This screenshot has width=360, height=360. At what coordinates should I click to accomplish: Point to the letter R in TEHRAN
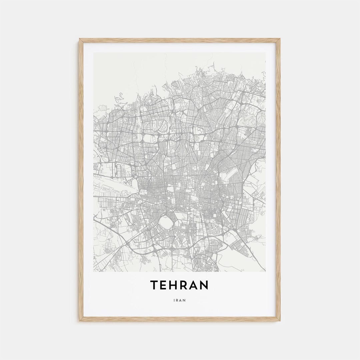186,285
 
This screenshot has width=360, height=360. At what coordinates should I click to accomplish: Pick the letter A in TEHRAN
196,285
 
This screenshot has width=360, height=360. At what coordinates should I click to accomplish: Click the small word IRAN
180,300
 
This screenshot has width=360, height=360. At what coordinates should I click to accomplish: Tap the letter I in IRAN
174,300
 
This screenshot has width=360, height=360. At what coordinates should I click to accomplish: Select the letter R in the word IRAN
177,300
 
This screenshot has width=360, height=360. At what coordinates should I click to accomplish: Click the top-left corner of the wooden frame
80,39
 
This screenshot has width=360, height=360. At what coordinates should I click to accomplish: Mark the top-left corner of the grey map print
94,53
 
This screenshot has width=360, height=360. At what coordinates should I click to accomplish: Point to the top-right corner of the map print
266,53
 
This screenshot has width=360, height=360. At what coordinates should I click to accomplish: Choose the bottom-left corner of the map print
94,271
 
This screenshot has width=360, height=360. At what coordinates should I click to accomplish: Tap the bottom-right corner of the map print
266,271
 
